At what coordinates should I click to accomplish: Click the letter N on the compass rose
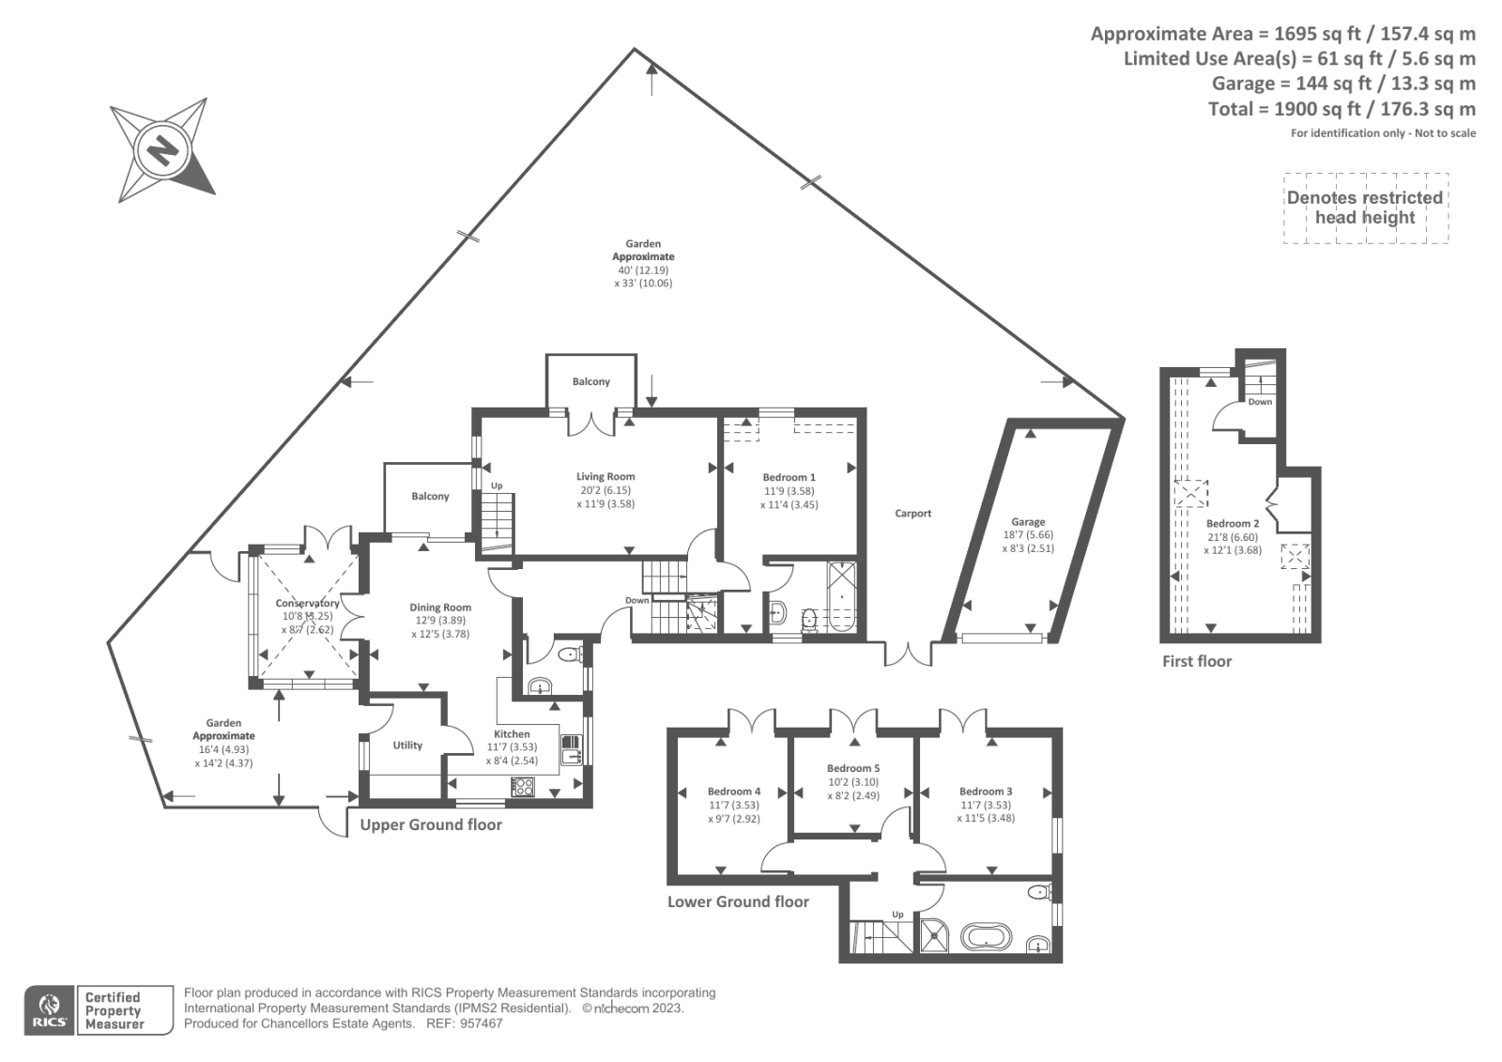pos(163,150)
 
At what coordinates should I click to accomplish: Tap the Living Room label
pos(605,477)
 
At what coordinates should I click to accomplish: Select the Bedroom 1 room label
pos(789,478)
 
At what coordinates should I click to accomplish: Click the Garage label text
pos(1028,522)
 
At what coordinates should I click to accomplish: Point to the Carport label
pos(912,514)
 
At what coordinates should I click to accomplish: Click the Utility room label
pos(407,746)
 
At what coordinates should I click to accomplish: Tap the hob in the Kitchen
pos(523,787)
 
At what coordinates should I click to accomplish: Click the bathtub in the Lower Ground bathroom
pos(988,936)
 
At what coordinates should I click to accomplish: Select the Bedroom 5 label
pos(853,769)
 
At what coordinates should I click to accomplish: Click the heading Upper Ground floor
pos(431,825)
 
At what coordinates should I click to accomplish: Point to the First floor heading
pos(1196,661)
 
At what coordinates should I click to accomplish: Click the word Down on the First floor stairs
pos(1260,402)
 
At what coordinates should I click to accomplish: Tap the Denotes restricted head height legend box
pos(1365,208)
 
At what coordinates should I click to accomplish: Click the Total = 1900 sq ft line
pos(1341,109)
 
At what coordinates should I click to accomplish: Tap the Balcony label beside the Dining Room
pos(430,497)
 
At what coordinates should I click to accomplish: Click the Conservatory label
pos(307,604)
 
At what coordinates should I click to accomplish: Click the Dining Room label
pos(440,608)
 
